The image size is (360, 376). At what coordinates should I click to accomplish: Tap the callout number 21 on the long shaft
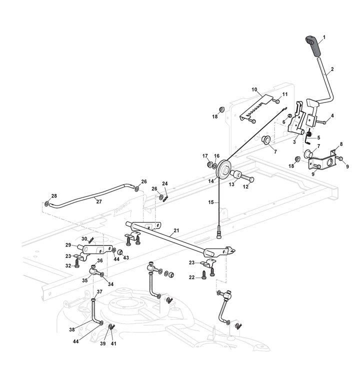(x=176, y=231)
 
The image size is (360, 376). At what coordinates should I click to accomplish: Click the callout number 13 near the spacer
(x=231, y=184)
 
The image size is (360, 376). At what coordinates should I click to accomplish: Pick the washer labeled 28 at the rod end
(x=46, y=204)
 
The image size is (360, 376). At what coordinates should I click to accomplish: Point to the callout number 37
(x=99, y=292)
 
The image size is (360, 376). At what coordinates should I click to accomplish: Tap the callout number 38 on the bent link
(x=72, y=329)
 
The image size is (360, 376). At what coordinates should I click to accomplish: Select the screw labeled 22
(x=203, y=274)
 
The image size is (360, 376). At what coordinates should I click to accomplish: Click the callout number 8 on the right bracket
(x=341, y=144)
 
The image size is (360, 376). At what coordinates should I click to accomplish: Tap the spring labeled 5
(x=310, y=133)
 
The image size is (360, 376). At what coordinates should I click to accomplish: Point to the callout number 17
(x=204, y=156)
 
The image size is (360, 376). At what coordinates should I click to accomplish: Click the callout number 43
(x=126, y=258)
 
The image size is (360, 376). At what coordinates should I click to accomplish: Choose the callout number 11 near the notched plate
(x=285, y=93)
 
